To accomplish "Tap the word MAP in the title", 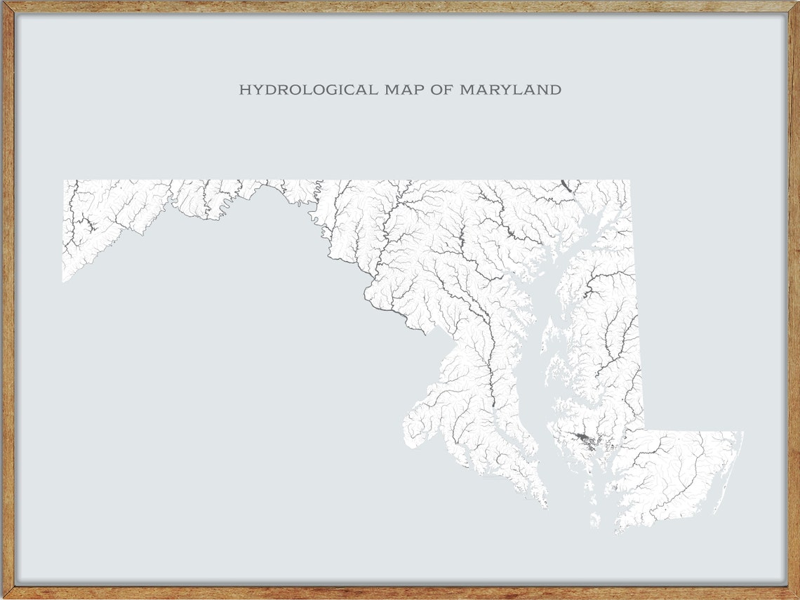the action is [x=404, y=90].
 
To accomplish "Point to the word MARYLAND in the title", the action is [x=510, y=90].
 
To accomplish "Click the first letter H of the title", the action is [x=244, y=90].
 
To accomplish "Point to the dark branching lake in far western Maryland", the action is [x=88, y=226].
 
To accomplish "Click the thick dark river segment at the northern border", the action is [x=566, y=185].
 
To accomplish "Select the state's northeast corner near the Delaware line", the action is [x=629, y=181].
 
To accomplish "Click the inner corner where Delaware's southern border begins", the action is [x=644, y=431].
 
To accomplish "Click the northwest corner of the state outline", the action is [x=64, y=181].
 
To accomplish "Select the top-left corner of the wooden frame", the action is [x=3, y=3].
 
